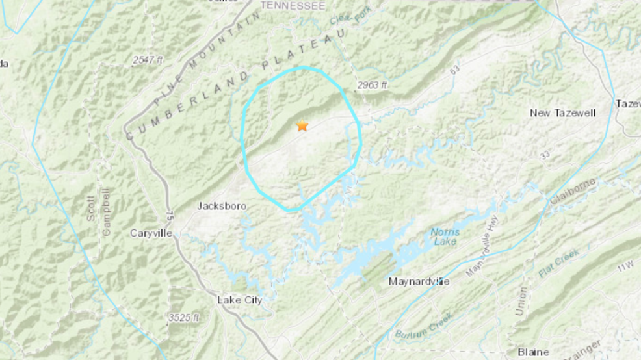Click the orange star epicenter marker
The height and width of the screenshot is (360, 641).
tap(302, 125)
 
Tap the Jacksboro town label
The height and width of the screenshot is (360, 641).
tap(221, 206)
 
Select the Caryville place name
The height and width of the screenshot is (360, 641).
tap(150, 233)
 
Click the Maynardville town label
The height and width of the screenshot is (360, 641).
tap(419, 281)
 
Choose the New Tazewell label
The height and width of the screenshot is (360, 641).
tap(562, 113)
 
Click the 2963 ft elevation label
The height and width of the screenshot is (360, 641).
tap(372, 84)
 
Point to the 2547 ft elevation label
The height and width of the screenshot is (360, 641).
tap(148, 60)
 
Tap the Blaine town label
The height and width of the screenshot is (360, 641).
tap(533, 352)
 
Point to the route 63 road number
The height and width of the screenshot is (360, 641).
tap(454, 68)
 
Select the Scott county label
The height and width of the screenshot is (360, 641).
tap(91, 207)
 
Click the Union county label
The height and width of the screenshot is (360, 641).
tap(521, 302)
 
